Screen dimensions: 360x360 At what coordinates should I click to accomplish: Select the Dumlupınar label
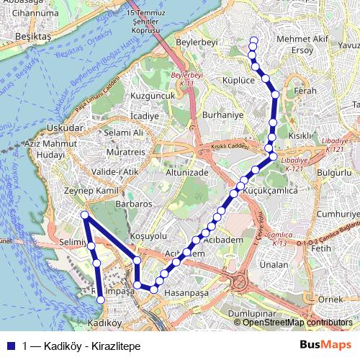coord(252,315)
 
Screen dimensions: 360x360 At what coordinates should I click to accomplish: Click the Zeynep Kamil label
coord(90,191)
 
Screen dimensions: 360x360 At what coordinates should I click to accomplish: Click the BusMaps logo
coord(325,345)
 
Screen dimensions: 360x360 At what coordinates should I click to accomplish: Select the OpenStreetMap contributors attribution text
coord(297,323)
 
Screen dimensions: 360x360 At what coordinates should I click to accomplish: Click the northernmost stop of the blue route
coord(253,40)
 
